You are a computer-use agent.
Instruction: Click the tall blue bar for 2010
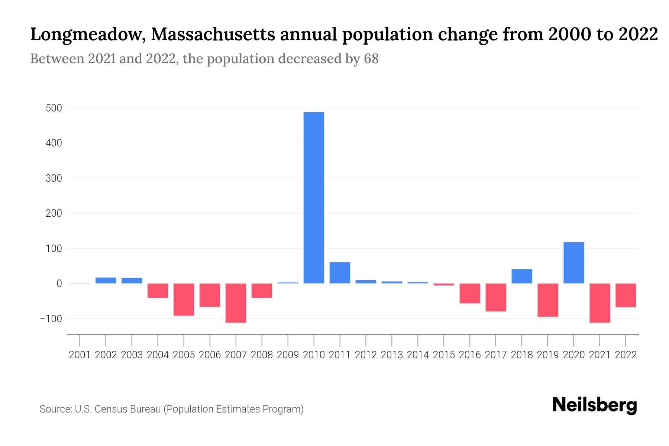[314, 197]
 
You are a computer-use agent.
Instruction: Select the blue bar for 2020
[573, 263]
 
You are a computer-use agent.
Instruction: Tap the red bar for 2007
[236, 303]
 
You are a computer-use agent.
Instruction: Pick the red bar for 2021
[599, 303]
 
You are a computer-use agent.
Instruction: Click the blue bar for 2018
[521, 276]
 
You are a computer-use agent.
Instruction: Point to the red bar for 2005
[184, 300]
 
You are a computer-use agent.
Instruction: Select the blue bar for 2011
[340, 273]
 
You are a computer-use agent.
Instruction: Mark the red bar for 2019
[547, 300]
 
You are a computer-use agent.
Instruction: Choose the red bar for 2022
[626, 295]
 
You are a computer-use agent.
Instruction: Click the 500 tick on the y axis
[54, 108]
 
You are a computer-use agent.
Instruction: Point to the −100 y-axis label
[51, 319]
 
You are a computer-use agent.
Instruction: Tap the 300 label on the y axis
[54, 178]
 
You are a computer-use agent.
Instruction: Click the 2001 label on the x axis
[80, 355]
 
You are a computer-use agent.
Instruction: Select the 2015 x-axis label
[444, 355]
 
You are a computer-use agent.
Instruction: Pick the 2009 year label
[288, 355]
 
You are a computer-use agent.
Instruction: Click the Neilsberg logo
[594, 405]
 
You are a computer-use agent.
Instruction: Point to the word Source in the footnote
[55, 409]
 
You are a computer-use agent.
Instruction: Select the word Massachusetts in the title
[213, 35]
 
